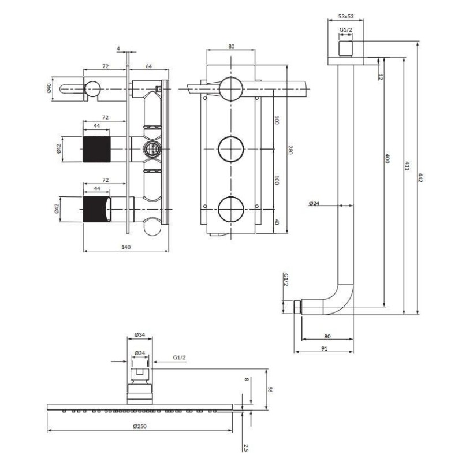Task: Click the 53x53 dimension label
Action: click(x=345, y=17)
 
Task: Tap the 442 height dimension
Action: click(x=420, y=178)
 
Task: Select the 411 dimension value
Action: click(x=407, y=166)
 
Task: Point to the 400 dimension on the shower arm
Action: click(x=388, y=158)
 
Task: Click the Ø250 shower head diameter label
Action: click(x=140, y=426)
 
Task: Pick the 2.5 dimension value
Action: click(x=246, y=448)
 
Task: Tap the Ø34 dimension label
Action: click(x=140, y=335)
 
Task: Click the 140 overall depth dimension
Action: click(x=126, y=247)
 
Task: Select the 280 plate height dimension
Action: click(x=290, y=150)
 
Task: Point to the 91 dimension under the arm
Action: click(x=324, y=349)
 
